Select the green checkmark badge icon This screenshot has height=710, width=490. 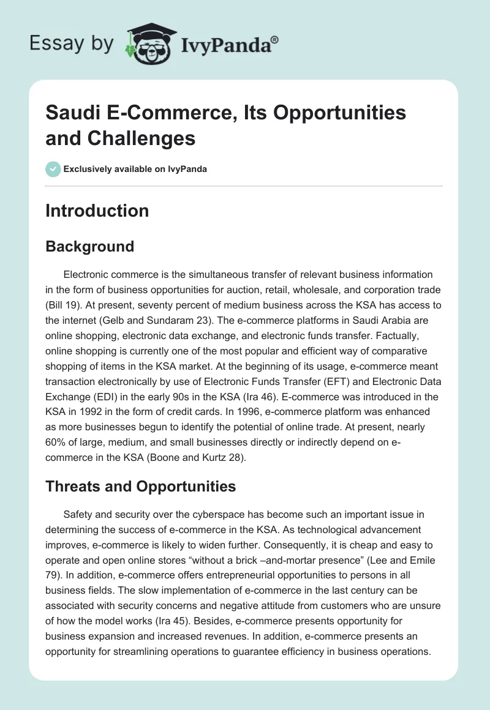53,169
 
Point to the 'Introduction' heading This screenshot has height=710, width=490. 97,211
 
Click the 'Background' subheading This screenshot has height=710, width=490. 89,246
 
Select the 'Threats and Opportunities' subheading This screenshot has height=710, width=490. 141,487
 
